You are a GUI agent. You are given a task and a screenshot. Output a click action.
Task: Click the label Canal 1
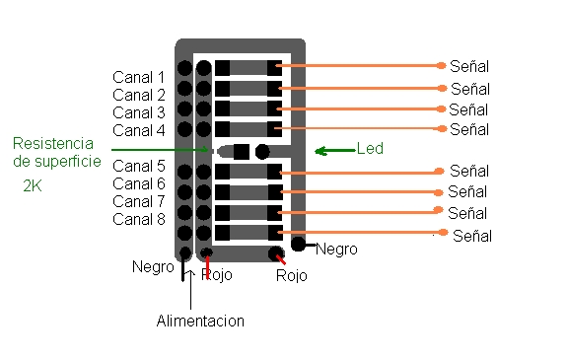pyautogui.click(x=139, y=77)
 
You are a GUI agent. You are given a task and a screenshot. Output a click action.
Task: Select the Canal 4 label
pyautogui.click(x=139, y=130)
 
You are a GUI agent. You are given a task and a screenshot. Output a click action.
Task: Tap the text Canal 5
pyautogui.click(x=139, y=166)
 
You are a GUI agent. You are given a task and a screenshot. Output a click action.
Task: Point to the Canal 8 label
pyautogui.click(x=139, y=219)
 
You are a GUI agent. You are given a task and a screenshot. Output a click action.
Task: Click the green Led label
pyautogui.click(x=370, y=149)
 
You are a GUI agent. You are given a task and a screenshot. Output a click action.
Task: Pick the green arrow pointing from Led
pyautogui.click(x=335, y=151)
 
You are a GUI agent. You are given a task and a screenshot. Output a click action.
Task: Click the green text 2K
pyautogui.click(x=33, y=185)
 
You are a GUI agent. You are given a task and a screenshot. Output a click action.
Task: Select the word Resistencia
pyautogui.click(x=53, y=143)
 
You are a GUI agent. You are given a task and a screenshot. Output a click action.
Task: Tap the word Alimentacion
pyautogui.click(x=200, y=321)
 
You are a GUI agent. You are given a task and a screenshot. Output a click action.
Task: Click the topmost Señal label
pyautogui.click(x=469, y=66)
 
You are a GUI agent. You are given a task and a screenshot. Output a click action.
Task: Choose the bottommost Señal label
pyautogui.click(x=472, y=236)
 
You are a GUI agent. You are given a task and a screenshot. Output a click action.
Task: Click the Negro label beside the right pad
pyautogui.click(x=336, y=250)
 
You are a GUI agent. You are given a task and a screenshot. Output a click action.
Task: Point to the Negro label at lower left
pyautogui.click(x=153, y=267)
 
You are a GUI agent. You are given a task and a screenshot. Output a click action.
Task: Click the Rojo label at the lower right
pyautogui.click(x=292, y=275)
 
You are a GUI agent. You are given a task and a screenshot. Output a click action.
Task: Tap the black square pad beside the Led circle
pyautogui.click(x=242, y=151)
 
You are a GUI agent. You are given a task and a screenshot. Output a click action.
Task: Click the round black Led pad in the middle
pyautogui.click(x=262, y=151)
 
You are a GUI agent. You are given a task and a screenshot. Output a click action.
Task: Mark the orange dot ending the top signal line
pyautogui.click(x=441, y=65)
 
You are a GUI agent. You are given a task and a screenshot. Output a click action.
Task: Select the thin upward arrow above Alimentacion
pyautogui.click(x=190, y=290)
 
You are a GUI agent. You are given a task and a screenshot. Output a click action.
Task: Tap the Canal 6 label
pyautogui.click(x=139, y=183)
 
